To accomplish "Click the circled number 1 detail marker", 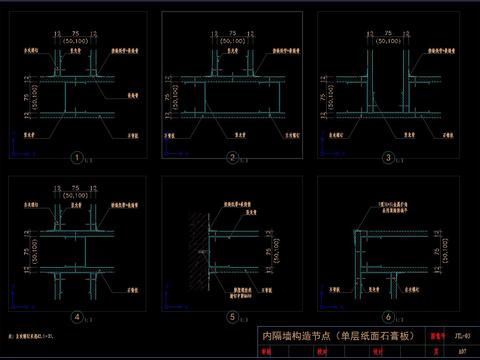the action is click(x=75, y=157).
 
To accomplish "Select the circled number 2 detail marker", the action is click(x=231, y=157).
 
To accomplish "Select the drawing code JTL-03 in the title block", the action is click(x=462, y=337).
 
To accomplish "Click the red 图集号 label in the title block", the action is click(x=437, y=337).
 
